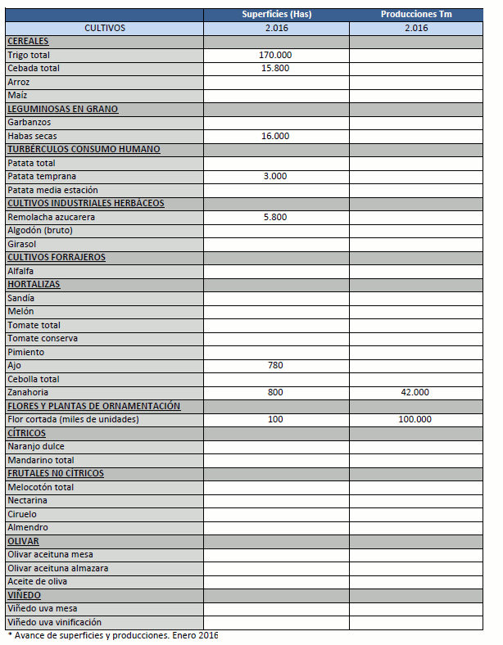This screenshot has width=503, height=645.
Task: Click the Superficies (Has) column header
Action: [276, 15]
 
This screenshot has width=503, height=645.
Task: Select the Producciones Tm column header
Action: [416, 15]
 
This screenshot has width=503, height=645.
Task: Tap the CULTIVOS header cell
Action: [105, 28]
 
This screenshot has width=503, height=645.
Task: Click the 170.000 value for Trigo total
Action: [275, 55]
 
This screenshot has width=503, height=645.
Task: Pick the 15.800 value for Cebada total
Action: [275, 68]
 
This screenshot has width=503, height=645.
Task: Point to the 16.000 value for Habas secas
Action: [275, 136]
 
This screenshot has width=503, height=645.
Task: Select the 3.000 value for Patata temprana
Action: [275, 176]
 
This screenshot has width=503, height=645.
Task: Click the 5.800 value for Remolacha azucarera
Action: [275, 217]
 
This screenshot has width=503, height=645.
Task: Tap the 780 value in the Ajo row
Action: [275, 366]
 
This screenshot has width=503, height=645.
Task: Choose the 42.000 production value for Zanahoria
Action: [416, 393]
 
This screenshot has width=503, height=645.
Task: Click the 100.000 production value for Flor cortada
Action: [416, 420]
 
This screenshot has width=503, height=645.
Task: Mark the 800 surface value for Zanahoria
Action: [275, 393]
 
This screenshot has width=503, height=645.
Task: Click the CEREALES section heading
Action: [28, 41]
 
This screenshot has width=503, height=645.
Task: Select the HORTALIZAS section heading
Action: [34, 285]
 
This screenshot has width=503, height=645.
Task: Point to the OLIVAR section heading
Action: [23, 542]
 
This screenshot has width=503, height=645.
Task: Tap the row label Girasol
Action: [22, 244]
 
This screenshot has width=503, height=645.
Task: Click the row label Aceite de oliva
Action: [38, 582]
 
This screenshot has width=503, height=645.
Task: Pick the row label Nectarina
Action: [27, 501]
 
